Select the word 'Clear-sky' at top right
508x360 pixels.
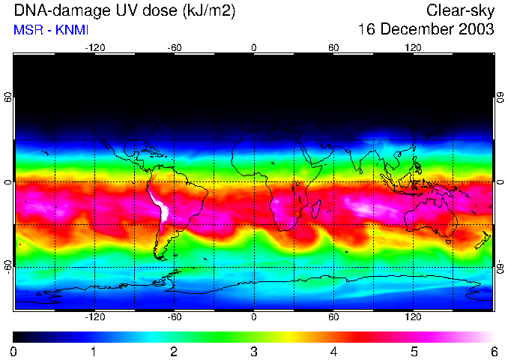pos(460,10)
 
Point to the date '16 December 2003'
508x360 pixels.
pos(426,30)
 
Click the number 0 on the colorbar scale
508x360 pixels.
pos(14,351)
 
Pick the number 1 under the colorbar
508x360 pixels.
pos(94,351)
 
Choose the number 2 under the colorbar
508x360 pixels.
pos(174,351)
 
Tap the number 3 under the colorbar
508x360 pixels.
pos(254,351)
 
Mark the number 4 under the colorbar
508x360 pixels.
pos(333,351)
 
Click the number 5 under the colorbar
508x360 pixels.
pos(414,351)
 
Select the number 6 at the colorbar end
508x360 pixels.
pos(493,351)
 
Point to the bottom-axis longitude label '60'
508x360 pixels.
pos(333,316)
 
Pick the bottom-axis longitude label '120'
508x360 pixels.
pos(414,316)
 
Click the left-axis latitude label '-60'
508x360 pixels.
pos(8,266)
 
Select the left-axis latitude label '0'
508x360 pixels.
pos(8,182)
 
